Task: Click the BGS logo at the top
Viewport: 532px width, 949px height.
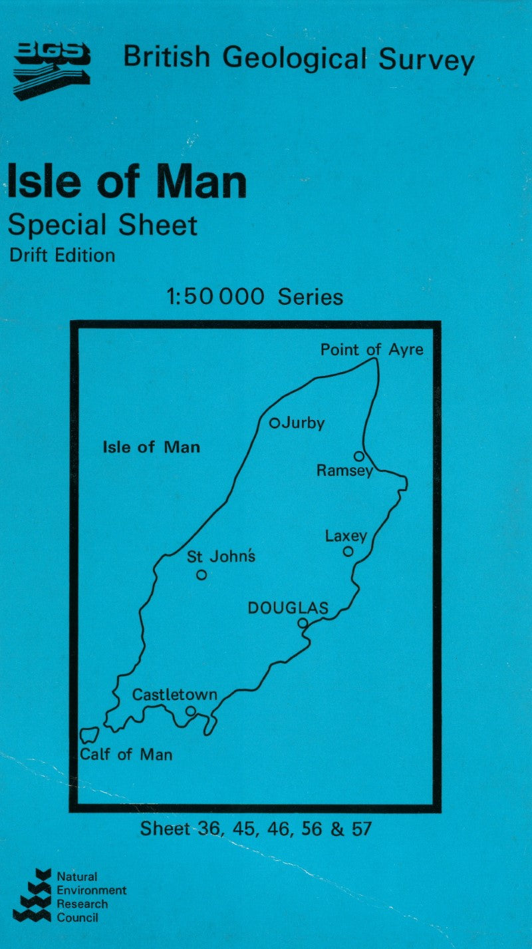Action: click(x=51, y=69)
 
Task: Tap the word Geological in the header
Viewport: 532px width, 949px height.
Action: click(x=294, y=58)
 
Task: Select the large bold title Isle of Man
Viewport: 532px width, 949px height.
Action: click(x=126, y=181)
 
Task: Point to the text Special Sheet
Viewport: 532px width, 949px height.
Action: click(x=102, y=225)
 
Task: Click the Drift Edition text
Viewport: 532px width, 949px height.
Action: click(x=62, y=255)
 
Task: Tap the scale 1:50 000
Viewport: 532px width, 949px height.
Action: click(x=216, y=296)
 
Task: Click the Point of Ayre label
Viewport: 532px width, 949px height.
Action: click(x=371, y=349)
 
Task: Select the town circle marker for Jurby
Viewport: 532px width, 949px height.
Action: click(x=274, y=423)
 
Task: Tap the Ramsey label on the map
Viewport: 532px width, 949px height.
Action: click(x=344, y=471)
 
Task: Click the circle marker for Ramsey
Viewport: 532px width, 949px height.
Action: click(x=359, y=456)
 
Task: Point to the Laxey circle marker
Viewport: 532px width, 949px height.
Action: click(x=348, y=551)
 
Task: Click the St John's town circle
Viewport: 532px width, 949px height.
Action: click(x=201, y=575)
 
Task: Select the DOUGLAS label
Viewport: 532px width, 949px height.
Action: click(x=288, y=608)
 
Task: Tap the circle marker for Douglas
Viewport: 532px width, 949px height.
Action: click(x=303, y=624)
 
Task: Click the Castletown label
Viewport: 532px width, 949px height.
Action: click(x=175, y=695)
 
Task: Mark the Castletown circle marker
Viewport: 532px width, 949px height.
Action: click(x=191, y=711)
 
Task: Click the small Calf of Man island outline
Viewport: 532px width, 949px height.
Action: click(x=88, y=735)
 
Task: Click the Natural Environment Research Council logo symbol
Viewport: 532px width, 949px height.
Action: click(x=33, y=895)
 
